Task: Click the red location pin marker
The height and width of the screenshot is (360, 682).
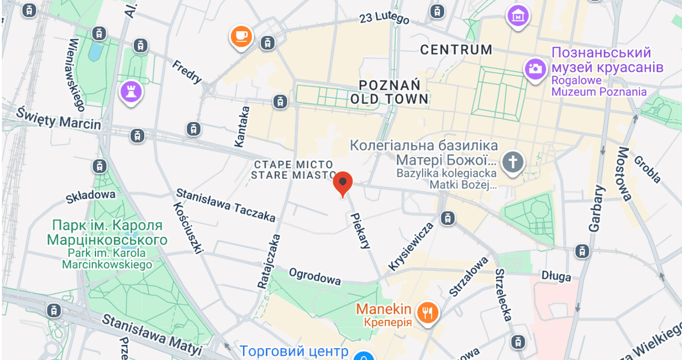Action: [342, 183]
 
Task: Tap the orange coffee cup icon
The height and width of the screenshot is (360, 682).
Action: [241, 36]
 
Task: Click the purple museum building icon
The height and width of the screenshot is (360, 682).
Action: [518, 16]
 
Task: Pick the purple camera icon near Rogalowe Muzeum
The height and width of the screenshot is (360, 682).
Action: [534, 68]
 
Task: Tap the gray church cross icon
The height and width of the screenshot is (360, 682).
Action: [513, 162]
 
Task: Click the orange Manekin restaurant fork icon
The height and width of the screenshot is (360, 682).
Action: [427, 312]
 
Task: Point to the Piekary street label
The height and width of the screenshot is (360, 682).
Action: [361, 231]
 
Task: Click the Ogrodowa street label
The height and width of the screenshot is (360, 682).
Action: [315, 276]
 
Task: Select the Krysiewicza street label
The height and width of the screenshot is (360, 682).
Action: [411, 246]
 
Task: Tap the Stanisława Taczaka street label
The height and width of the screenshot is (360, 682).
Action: [225, 205]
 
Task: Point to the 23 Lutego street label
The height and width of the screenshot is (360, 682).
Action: [384, 18]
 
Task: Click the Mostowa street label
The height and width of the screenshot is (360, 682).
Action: [624, 174]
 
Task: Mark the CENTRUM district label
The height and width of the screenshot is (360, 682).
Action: [456, 50]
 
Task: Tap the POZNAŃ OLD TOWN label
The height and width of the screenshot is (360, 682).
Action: [390, 91]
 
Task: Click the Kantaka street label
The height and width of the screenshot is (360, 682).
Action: [241, 127]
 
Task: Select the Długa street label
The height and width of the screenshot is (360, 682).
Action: [556, 277]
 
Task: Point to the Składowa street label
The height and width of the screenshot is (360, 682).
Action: [90, 195]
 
